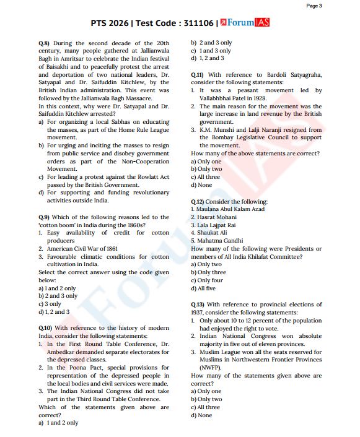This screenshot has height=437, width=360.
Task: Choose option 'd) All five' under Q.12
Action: [206, 288]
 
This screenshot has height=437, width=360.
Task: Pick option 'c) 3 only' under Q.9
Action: [50, 304]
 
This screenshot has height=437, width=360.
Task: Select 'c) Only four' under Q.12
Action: [209, 280]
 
